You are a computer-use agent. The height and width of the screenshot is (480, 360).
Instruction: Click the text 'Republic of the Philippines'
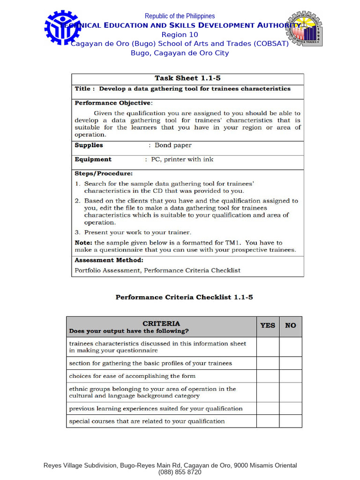[180, 16]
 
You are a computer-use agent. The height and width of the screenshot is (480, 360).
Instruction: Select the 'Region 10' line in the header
[180, 35]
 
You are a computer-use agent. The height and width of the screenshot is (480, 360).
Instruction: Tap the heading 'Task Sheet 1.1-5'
[187, 78]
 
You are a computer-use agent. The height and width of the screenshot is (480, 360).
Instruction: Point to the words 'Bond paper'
[173, 145]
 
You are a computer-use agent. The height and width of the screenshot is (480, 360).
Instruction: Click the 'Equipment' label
[93, 159]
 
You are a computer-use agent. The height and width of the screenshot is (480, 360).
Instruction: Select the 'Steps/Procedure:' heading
[104, 173]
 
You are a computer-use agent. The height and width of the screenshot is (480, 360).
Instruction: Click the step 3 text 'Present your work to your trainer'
[137, 232]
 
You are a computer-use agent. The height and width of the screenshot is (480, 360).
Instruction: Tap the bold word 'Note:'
[83, 243]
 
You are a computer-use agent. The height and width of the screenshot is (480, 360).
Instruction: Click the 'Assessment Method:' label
[109, 260]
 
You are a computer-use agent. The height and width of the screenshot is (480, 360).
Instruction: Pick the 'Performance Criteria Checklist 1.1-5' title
[184, 297]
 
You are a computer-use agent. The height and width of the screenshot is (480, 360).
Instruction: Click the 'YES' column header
[268, 325]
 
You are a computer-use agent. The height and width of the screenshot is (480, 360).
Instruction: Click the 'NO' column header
[291, 325]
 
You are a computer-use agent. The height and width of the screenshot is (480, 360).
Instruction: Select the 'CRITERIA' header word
[161, 323]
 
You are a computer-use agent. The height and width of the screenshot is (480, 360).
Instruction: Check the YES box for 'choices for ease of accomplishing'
[268, 376]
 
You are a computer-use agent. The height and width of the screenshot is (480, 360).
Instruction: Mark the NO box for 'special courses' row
[291, 421]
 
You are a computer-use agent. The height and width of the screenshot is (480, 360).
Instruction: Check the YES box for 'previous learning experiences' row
[268, 408]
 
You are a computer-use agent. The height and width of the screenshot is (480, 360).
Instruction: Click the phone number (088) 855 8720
[180, 472]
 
